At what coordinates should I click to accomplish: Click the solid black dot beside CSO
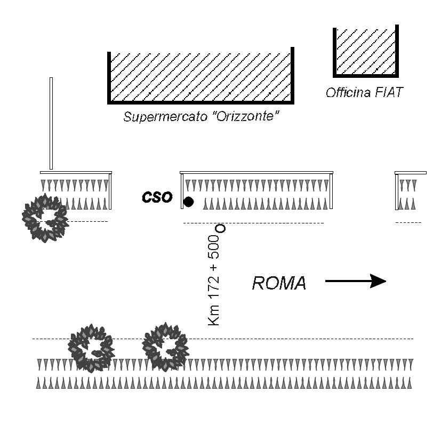(188, 202)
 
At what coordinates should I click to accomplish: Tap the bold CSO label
(157, 197)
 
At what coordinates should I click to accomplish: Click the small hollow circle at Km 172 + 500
(221, 228)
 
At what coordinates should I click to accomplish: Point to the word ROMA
(279, 283)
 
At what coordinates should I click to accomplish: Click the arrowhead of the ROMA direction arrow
(378, 281)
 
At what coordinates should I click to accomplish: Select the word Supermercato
(165, 116)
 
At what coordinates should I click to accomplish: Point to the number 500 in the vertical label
(213, 247)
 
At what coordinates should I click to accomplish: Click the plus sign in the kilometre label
(214, 267)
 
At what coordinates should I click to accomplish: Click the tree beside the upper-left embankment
(45, 218)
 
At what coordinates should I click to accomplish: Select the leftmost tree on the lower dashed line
(91, 348)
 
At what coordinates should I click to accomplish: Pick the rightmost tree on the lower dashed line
(165, 347)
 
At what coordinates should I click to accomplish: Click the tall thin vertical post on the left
(51, 124)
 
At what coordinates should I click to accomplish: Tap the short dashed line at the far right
(408, 222)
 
